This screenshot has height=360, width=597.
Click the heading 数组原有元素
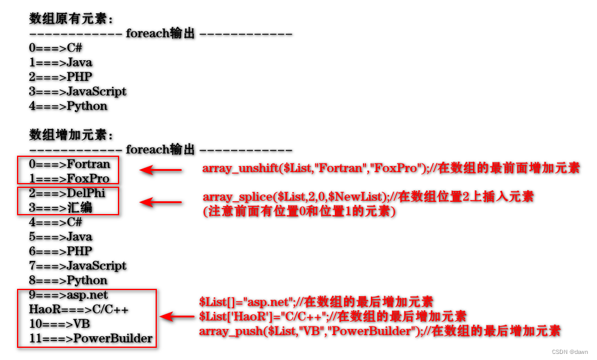pyautogui.click(x=72, y=18)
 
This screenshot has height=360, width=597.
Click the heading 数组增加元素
pyautogui.click(x=72, y=134)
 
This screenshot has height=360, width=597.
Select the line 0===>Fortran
pyautogui.click(x=69, y=164)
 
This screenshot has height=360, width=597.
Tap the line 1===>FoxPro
pyautogui.click(x=69, y=179)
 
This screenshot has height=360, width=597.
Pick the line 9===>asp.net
pyautogui.click(x=68, y=295)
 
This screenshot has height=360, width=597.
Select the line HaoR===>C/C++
pyautogui.click(x=78, y=310)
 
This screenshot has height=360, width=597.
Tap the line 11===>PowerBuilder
pyautogui.click(x=91, y=339)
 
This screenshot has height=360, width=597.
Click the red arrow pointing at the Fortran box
pyautogui.click(x=160, y=170)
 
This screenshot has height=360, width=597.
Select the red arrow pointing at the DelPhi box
pyautogui.click(x=160, y=202)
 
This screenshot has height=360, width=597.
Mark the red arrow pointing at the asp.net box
pyautogui.click(x=177, y=316)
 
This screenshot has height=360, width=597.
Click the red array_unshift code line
pyautogui.click(x=390, y=168)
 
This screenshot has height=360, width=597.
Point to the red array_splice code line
pyautogui.click(x=368, y=196)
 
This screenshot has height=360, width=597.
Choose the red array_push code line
pyautogui.click(x=379, y=331)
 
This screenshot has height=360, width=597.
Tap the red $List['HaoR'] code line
pyautogui.click(x=333, y=316)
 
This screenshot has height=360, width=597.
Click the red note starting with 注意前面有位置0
pyautogui.click(x=299, y=212)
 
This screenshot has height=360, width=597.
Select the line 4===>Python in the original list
pyautogui.click(x=68, y=106)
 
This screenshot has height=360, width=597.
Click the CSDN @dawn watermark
pyautogui.click(x=570, y=351)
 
